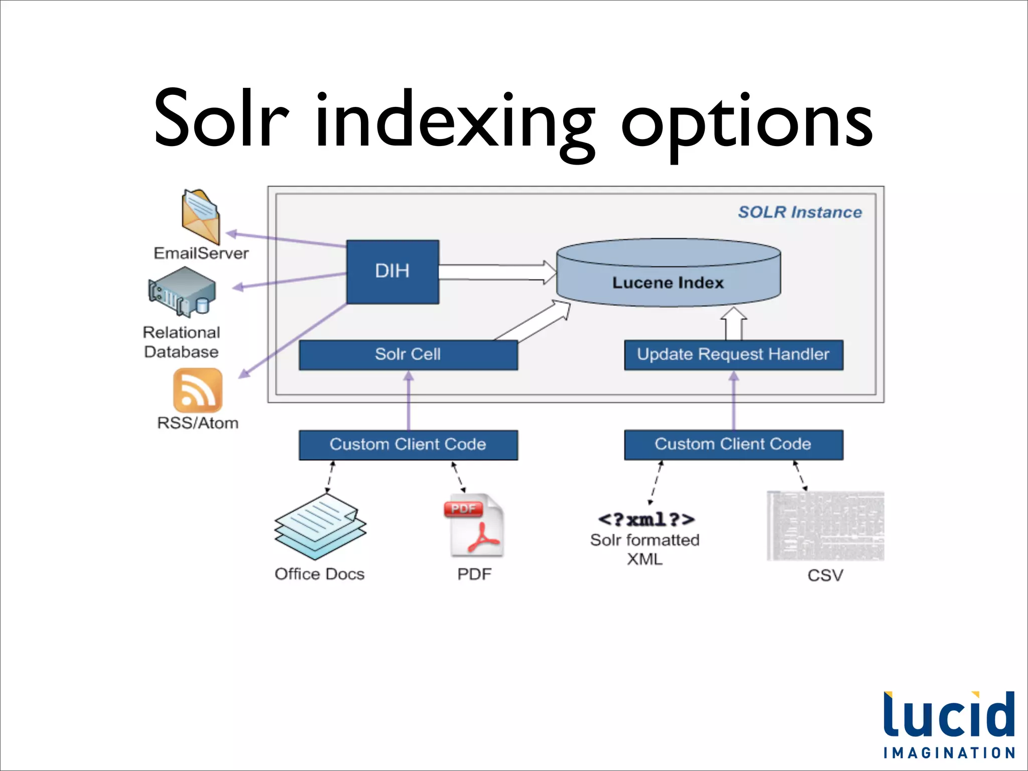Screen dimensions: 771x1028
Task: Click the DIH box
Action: pos(393,272)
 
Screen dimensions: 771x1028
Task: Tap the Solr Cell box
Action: pos(408,355)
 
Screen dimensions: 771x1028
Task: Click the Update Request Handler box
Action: pos(733,355)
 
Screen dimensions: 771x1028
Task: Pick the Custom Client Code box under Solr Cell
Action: pos(408,445)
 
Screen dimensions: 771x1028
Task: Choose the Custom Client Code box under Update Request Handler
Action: pos(733,445)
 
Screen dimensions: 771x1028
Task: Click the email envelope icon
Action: pos(200,216)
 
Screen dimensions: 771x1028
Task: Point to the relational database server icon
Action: pos(182,292)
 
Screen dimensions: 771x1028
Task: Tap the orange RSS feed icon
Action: pos(197,391)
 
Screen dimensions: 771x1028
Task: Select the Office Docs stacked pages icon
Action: pos(320,526)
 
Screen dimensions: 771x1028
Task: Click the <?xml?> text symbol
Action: pos(646,519)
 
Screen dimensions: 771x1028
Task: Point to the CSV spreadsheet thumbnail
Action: pos(825,526)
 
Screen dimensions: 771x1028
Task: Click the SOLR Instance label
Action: pos(800,212)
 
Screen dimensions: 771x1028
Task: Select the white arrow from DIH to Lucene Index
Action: pos(497,272)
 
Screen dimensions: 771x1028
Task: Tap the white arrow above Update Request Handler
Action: pos(733,324)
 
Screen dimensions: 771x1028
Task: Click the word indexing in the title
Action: pos(454,120)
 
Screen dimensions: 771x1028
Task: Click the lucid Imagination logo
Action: pos(949,724)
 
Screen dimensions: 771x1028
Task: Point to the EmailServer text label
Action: pos(201,253)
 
